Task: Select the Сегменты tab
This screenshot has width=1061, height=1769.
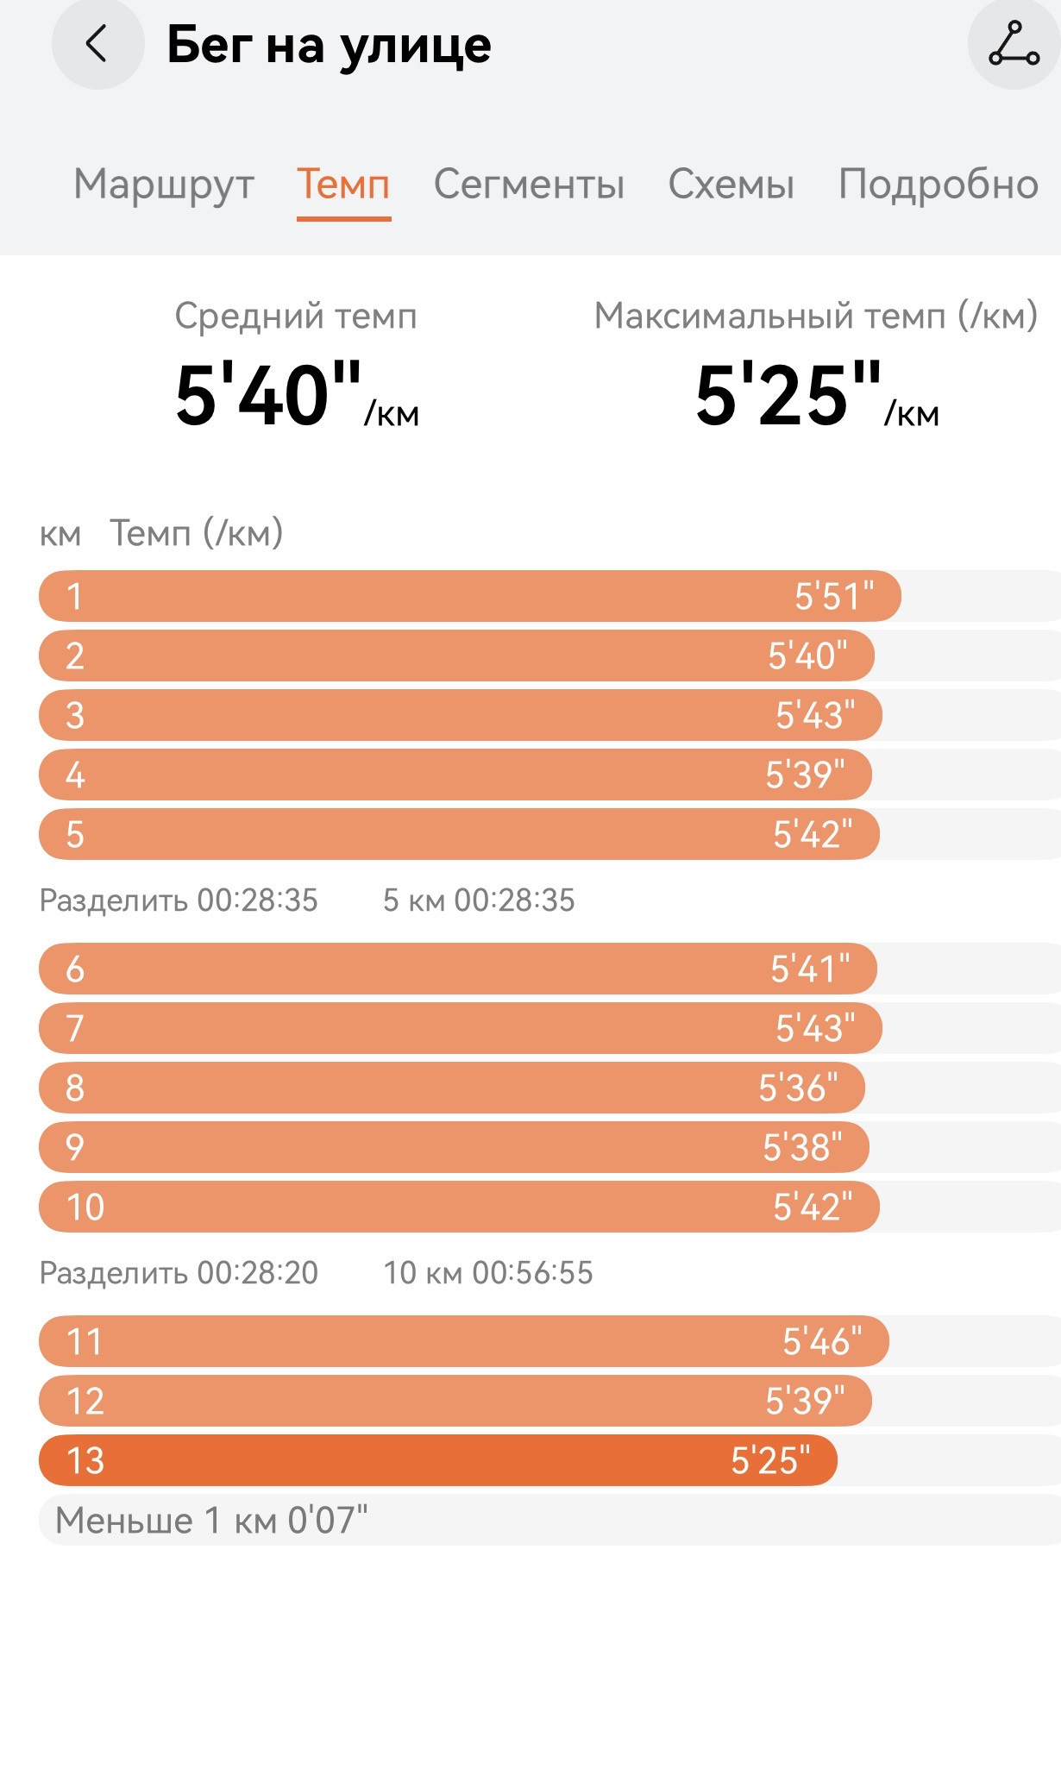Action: tap(529, 184)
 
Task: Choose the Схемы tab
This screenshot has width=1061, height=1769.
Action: tap(731, 184)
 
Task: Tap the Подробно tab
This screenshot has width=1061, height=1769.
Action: tap(939, 185)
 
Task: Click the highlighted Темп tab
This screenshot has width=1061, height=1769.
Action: tap(343, 184)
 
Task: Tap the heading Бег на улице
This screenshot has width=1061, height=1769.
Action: tap(329, 45)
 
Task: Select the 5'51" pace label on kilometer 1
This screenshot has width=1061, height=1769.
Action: tap(834, 596)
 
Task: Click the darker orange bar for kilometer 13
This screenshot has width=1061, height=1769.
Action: tap(438, 1460)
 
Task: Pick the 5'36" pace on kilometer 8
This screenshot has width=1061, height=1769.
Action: tap(798, 1088)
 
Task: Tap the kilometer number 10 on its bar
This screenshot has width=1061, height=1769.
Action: tap(85, 1207)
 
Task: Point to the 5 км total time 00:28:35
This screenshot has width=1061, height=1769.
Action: tap(515, 900)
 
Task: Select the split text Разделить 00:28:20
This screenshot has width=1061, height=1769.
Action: tap(179, 1273)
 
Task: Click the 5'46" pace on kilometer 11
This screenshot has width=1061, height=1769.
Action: tap(822, 1341)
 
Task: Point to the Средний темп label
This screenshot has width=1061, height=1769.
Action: tap(296, 317)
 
